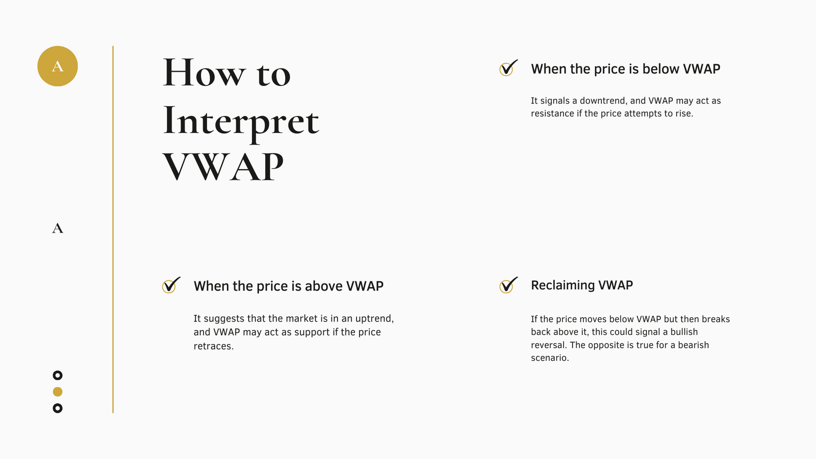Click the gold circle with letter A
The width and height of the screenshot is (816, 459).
click(57, 66)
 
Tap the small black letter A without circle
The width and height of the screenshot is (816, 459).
click(57, 228)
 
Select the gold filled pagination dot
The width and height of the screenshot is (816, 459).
click(57, 391)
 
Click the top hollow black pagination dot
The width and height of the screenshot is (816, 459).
click(57, 375)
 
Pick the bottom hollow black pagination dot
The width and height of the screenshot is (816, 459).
click(57, 408)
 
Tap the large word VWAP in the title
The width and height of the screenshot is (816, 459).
click(223, 167)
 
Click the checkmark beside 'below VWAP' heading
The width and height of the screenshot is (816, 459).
click(508, 68)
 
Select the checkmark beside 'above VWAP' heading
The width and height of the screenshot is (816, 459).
click(171, 285)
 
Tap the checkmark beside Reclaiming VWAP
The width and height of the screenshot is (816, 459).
click(508, 285)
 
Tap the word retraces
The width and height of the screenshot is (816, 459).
click(214, 346)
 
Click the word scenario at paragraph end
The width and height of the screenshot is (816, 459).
click(550, 357)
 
